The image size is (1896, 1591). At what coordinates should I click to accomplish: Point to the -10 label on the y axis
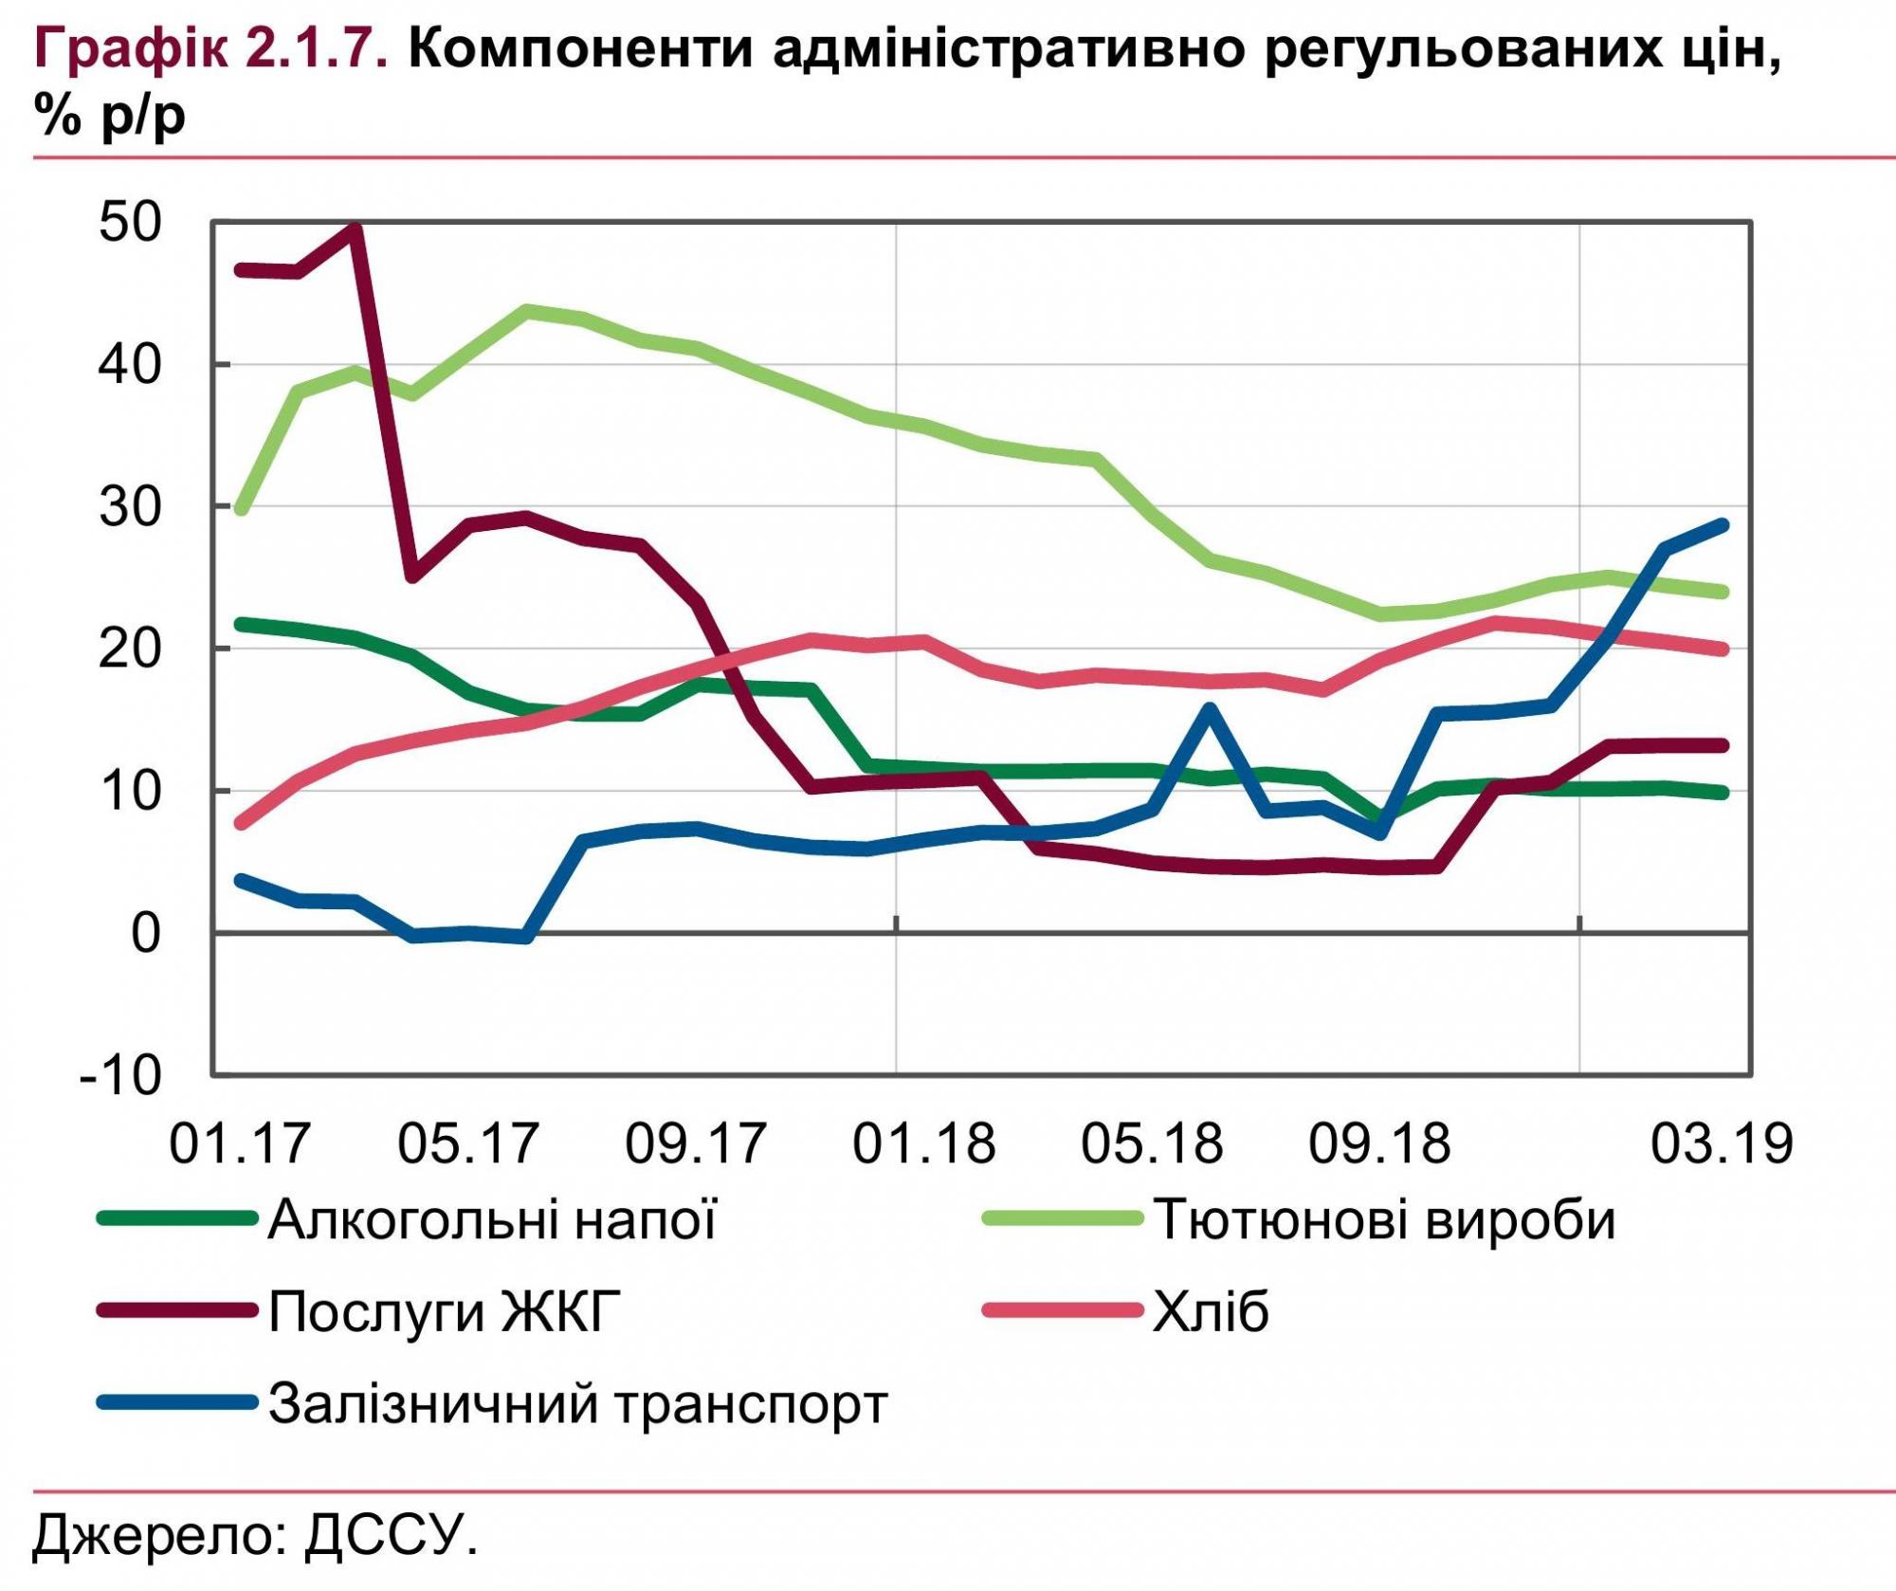click(x=121, y=1075)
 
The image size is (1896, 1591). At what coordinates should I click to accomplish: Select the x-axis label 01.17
click(x=240, y=1143)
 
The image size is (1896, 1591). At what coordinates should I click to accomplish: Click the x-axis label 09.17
click(x=696, y=1143)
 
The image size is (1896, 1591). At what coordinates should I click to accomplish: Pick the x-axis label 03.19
click(x=1722, y=1143)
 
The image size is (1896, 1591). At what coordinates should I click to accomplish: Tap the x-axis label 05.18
click(x=1152, y=1143)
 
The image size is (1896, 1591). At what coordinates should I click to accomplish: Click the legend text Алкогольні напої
click(x=492, y=1220)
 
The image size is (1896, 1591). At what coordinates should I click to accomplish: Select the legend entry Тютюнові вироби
click(x=1384, y=1220)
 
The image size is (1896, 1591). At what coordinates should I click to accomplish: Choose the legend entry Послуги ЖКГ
click(x=445, y=1312)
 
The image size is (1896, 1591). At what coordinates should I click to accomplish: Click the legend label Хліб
click(x=1211, y=1312)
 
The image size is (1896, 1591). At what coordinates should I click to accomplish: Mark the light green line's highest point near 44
click(x=528, y=310)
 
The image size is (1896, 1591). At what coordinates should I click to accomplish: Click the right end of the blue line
click(x=1723, y=525)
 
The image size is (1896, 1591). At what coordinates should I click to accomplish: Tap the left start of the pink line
click(x=241, y=824)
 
